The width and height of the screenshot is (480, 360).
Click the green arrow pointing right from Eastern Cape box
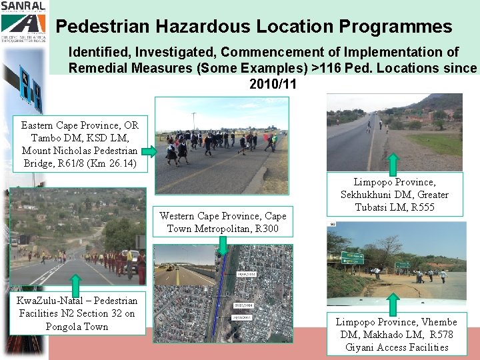coord(149,152)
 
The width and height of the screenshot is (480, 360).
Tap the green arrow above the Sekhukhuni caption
coord(393,163)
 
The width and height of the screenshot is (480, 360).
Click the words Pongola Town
coord(77,327)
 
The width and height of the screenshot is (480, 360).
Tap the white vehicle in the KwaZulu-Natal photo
coord(131,256)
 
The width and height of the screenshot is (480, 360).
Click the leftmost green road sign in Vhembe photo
coord(353,258)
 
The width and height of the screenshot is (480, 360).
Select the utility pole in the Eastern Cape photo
coord(193,121)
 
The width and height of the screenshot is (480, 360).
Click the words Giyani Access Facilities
coord(397,347)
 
